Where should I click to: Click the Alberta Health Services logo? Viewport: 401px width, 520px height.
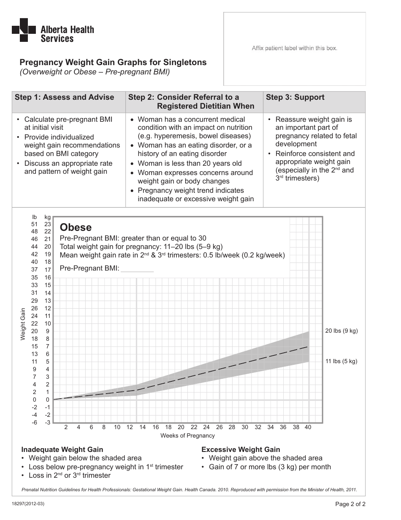tap(53, 30)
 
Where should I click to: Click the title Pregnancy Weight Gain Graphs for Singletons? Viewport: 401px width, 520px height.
tap(113, 62)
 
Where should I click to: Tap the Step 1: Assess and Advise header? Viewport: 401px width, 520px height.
tap(64, 97)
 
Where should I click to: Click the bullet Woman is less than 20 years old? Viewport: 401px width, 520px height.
tap(190, 163)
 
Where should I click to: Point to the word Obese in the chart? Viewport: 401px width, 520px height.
tap(76, 227)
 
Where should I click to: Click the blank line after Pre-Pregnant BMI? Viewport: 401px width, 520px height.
tap(137, 268)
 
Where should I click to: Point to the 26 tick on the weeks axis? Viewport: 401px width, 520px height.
tap(219, 427)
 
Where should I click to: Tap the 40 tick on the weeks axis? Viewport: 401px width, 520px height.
tap(308, 427)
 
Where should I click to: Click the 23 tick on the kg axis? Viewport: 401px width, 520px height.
tap(48, 224)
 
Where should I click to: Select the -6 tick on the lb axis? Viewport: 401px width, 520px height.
tap(35, 422)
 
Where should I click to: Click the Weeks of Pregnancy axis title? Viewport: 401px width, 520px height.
tap(187, 435)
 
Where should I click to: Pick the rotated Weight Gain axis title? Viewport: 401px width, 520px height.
tap(23, 324)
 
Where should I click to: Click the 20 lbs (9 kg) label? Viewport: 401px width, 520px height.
tap(341, 331)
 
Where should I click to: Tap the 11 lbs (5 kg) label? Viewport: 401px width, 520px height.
tap(341, 361)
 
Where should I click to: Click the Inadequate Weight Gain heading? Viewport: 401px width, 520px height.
tap(62, 449)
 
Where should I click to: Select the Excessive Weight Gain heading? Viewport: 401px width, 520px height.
tap(241, 449)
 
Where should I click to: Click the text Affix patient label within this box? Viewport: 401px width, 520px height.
tap(295, 48)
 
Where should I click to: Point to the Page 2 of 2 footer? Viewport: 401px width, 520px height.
tap(350, 504)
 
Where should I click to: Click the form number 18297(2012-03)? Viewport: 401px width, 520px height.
tap(28, 504)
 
